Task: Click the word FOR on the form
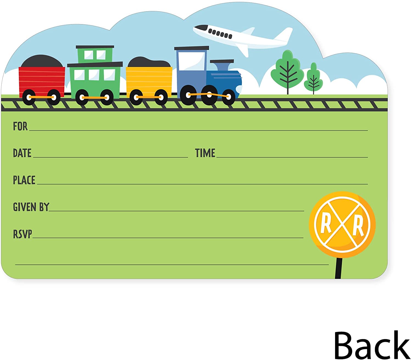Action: pyautogui.click(x=20, y=126)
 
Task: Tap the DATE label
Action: pyautogui.click(x=22, y=153)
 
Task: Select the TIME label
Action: pyautogui.click(x=205, y=153)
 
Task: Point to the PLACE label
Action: pyautogui.click(x=24, y=180)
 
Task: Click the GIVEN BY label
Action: pyautogui.click(x=31, y=207)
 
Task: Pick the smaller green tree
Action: pyautogui.click(x=313, y=78)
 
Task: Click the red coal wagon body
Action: pyautogui.click(x=42, y=80)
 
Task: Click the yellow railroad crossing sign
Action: pyautogui.click(x=342, y=224)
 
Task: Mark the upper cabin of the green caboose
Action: pyautogui.click(x=95, y=54)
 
